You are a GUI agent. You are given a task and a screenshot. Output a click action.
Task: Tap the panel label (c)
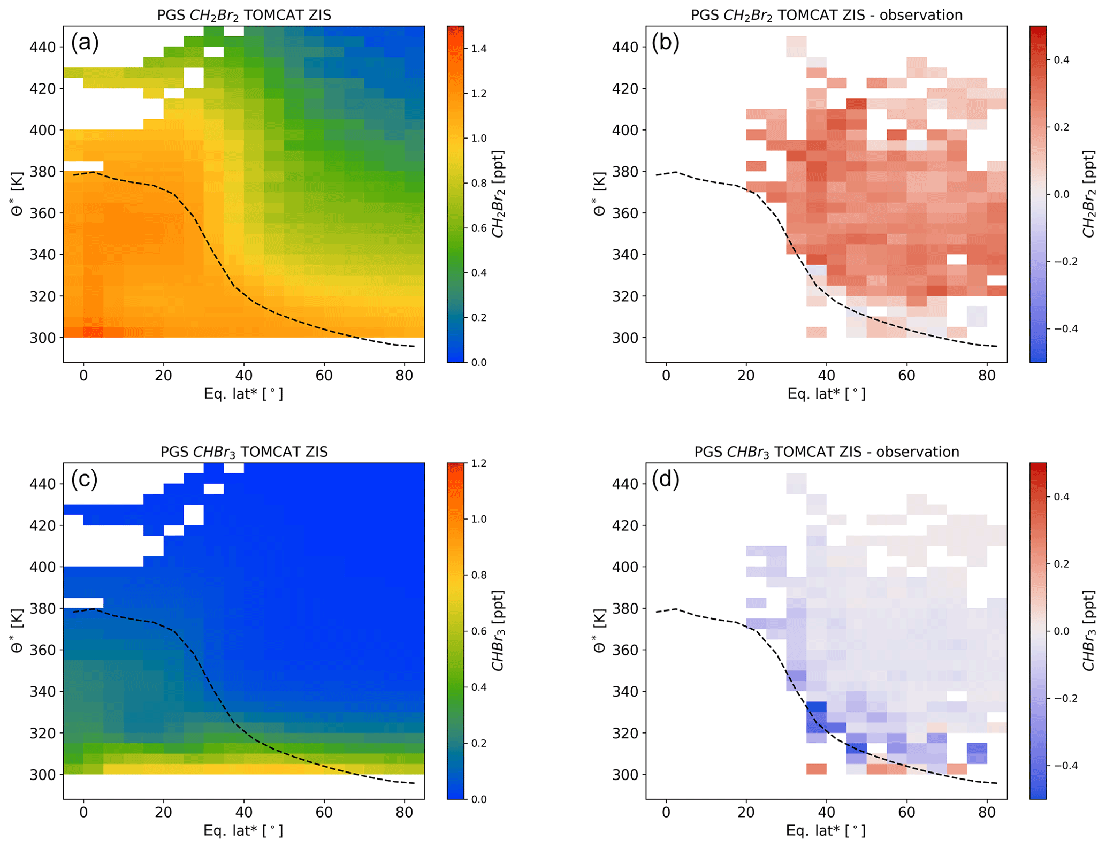(85, 479)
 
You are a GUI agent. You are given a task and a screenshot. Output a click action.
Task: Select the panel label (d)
(666, 479)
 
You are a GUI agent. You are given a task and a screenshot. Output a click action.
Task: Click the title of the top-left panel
(244, 15)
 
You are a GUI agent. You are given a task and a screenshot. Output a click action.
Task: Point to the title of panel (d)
(827, 452)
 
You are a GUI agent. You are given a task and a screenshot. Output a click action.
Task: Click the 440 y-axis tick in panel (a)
(42, 47)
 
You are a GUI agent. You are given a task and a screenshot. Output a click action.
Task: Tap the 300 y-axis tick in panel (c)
(42, 774)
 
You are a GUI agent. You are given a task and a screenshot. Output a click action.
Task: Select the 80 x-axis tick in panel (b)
(987, 375)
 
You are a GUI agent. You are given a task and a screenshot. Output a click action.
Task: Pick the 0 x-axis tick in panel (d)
(666, 812)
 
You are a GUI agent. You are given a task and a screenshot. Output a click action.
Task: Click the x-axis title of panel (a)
(243, 394)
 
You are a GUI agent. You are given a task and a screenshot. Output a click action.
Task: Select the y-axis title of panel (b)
(599, 194)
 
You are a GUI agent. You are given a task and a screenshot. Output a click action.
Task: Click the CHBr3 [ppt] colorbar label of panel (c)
(498, 630)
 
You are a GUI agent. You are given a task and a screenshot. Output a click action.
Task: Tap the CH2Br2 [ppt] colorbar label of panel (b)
(1088, 194)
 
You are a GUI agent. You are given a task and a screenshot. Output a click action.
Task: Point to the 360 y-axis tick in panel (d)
(625, 650)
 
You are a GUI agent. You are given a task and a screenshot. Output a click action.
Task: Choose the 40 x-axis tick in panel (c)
(244, 812)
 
